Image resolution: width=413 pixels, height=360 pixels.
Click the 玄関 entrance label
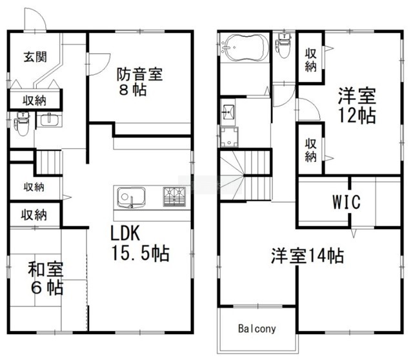[x=35, y=57]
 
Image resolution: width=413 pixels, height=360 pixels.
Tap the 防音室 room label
[x=139, y=74]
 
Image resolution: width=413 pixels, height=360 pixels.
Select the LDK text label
[x=125, y=234]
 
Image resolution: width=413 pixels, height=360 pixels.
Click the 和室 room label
[x=46, y=269]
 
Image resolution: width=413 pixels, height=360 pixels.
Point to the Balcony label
[x=257, y=328]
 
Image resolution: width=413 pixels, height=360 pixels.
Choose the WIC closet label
[x=346, y=202]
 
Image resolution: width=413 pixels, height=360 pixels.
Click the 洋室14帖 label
[x=307, y=255]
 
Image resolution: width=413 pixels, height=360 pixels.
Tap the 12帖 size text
[x=357, y=115]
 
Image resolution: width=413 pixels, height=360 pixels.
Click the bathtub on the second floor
[x=245, y=48]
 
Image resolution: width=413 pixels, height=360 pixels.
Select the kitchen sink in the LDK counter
[x=131, y=197]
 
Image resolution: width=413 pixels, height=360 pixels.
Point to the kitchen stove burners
[x=174, y=197]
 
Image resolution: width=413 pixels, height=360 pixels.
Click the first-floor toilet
[x=23, y=123]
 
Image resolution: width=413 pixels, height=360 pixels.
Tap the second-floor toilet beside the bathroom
[x=283, y=46]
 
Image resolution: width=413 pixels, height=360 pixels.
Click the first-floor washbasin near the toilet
[x=49, y=119]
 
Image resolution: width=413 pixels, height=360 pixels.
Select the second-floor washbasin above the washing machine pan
[x=228, y=112]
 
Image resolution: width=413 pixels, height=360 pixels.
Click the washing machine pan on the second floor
[x=229, y=137]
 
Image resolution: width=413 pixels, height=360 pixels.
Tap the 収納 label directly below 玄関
[x=34, y=101]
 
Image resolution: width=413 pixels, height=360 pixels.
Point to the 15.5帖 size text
[x=141, y=254]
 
